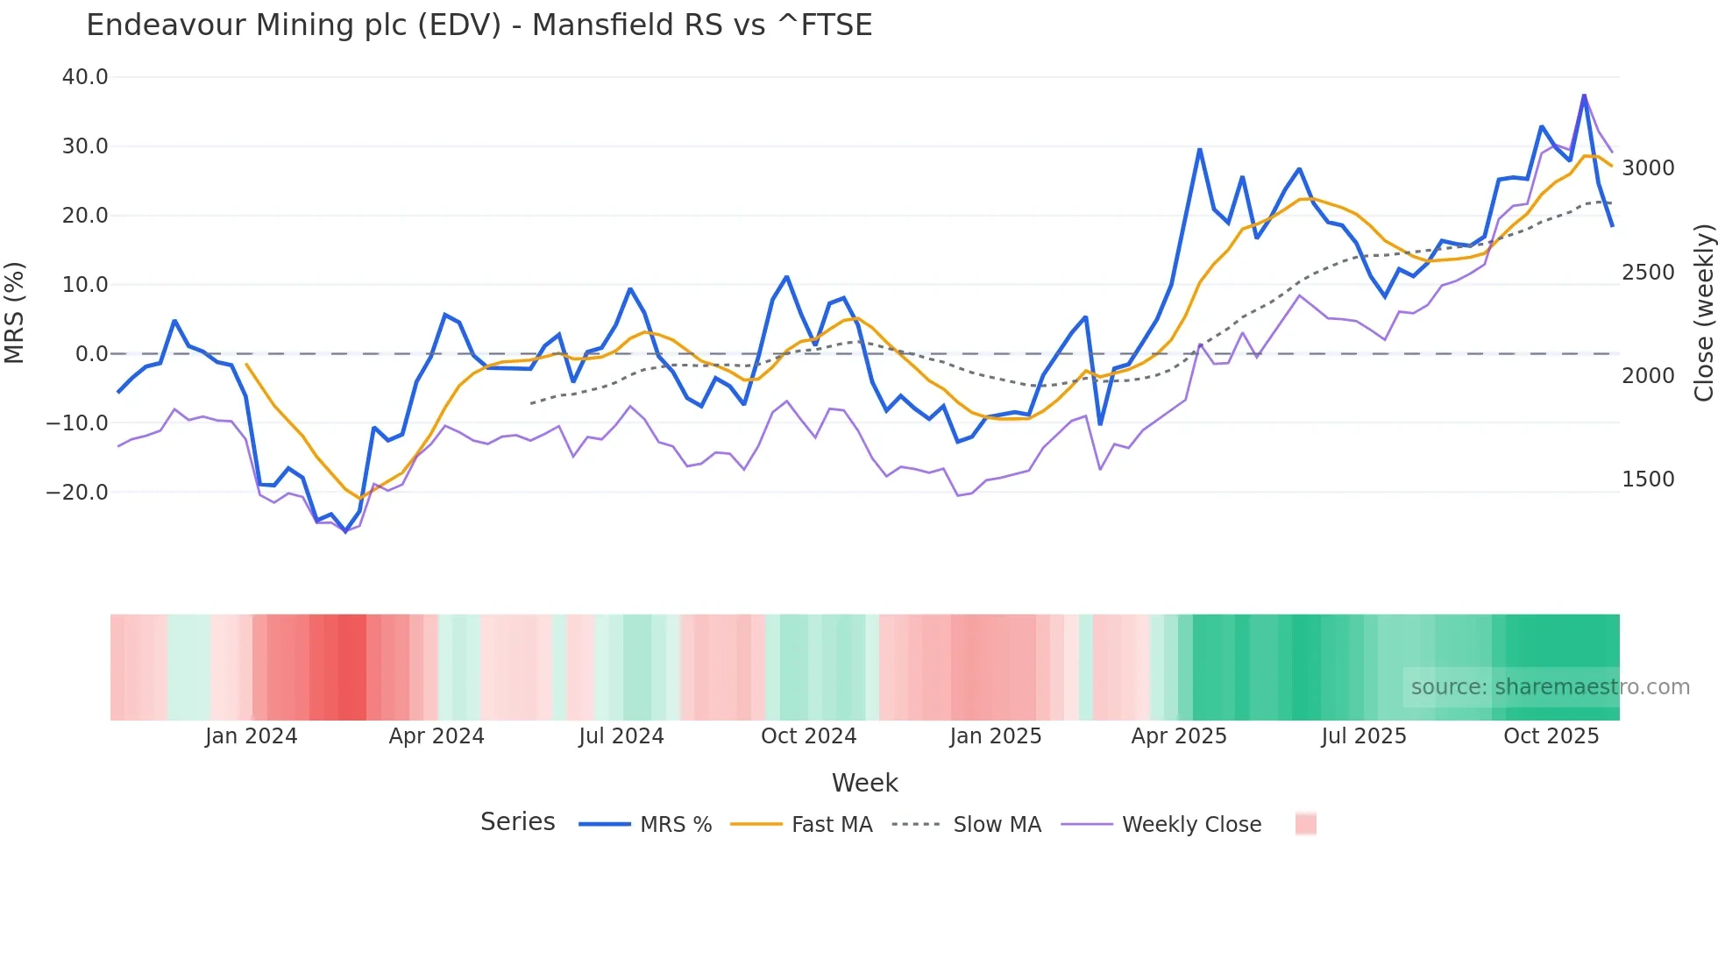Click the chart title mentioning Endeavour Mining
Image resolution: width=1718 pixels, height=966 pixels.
pos(479,25)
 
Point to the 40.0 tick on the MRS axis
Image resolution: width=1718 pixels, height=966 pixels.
pos(85,77)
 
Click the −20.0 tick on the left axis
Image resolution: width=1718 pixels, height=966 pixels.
pos(77,493)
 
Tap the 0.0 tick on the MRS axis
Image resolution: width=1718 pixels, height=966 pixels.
pos(91,354)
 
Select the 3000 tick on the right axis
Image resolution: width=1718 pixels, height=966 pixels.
pos(1648,168)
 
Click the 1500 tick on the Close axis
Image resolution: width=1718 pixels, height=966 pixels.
pos(1648,479)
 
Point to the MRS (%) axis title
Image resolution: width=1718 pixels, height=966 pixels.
pos(15,312)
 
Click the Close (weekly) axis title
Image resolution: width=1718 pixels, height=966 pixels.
pos(1703,312)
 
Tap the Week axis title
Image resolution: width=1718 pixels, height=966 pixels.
pos(864,783)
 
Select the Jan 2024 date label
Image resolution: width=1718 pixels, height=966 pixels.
pos(251,736)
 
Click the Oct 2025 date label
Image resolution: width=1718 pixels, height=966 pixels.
pos(1551,736)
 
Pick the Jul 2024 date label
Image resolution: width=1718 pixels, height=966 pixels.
pos(621,736)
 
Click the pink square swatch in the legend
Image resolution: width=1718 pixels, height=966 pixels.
pos(1305,824)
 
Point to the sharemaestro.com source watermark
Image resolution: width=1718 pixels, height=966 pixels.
pos(1550,687)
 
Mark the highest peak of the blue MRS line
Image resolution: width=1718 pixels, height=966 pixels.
pos(1584,95)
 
